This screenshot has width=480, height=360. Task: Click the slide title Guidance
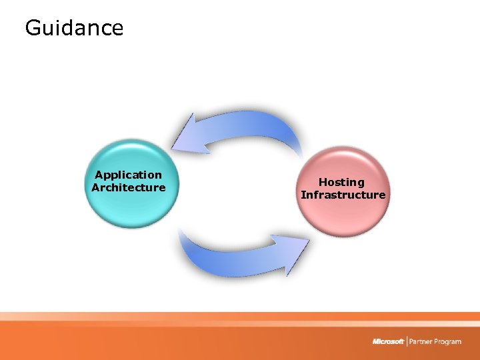click(74, 28)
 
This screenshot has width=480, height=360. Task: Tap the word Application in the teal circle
click(128, 175)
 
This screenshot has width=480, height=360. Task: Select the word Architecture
click(128, 187)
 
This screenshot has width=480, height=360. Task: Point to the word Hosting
click(341, 182)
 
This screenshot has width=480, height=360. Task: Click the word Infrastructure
click(343, 195)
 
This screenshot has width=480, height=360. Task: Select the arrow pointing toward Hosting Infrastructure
click(240, 257)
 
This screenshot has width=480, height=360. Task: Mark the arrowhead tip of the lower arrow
click(309, 238)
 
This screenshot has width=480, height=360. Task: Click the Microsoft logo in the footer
click(388, 341)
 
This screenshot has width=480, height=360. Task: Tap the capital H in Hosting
click(323, 182)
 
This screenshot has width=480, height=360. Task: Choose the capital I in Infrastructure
click(303, 195)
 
